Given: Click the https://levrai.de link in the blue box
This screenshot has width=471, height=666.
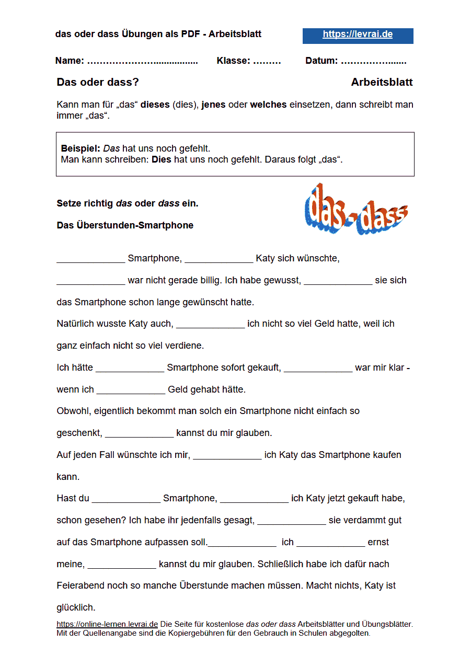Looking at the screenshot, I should [x=358, y=35].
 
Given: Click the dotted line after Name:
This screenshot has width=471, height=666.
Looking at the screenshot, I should [x=142, y=61].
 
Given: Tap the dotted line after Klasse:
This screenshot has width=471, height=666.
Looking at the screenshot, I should [x=267, y=61].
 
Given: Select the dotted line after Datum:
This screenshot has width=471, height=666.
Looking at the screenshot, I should [x=373, y=61].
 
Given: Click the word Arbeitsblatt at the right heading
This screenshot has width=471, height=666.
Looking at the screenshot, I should [x=382, y=83].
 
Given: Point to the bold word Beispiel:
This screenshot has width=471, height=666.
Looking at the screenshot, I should [x=81, y=148].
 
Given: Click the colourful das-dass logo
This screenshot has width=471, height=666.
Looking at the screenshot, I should [x=356, y=210].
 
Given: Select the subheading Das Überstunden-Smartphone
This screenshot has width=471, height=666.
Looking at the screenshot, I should [x=125, y=225].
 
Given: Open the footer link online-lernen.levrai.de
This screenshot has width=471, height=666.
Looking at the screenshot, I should [x=107, y=624].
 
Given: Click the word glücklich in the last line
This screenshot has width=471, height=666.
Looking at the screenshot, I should [x=75, y=607].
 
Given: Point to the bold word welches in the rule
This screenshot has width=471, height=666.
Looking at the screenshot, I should [x=268, y=105].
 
